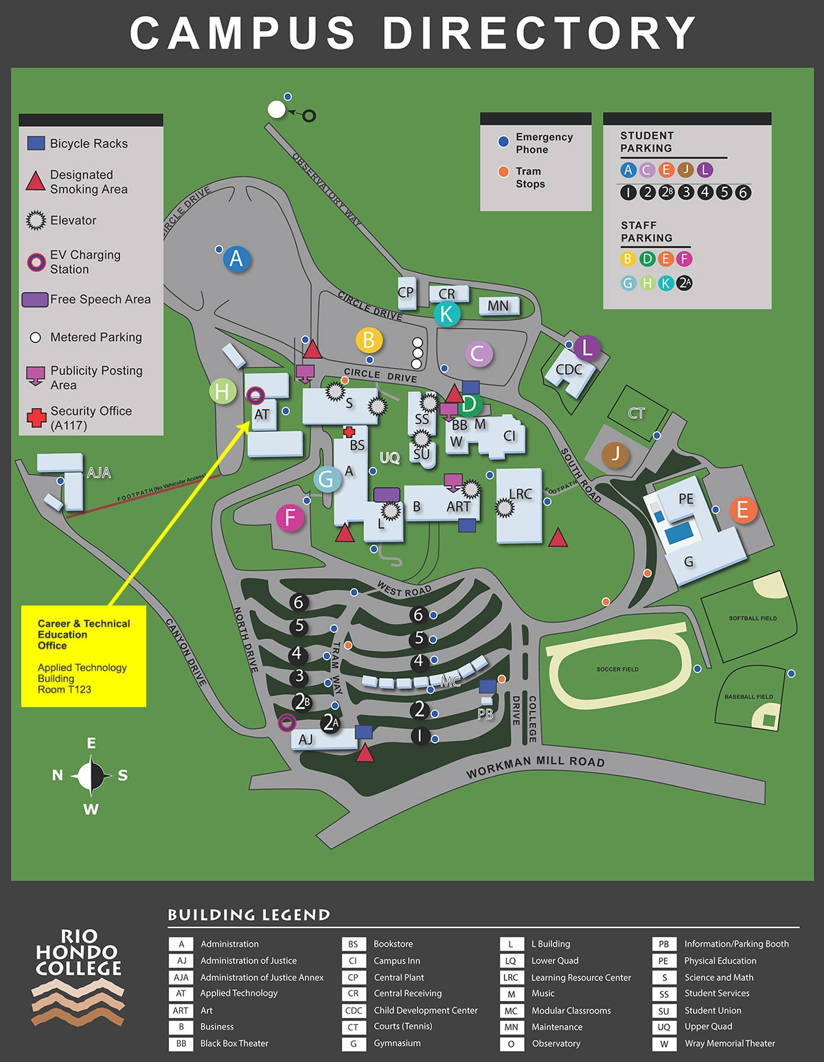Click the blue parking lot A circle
point(236,259)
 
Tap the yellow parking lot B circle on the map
point(369,340)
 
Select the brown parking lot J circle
point(615,454)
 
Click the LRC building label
point(520,494)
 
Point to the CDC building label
point(569,369)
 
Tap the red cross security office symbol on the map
point(349,432)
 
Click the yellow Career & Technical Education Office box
point(84,656)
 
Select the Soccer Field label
point(617,669)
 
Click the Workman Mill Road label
point(536,766)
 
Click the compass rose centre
point(91,776)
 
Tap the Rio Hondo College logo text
point(78,952)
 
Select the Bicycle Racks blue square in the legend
point(36,143)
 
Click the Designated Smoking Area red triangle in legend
point(36,181)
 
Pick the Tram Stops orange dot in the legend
point(503,172)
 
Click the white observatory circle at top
point(277,109)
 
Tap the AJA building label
point(99,472)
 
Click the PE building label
point(686,498)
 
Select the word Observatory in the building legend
point(556,1043)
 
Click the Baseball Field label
point(748,697)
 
